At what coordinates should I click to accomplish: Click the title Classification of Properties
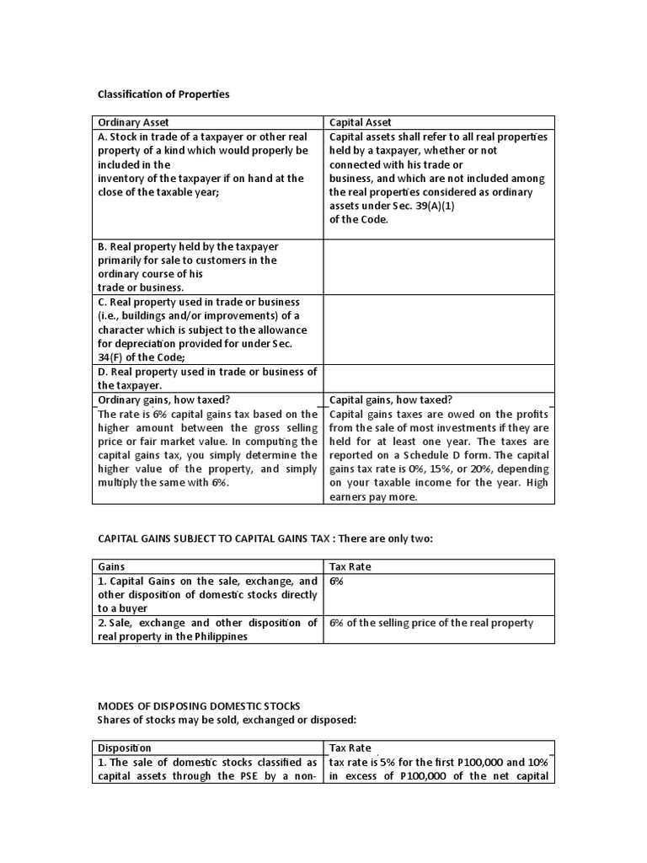(163, 94)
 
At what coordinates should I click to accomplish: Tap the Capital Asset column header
(360, 122)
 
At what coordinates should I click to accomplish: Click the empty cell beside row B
(439, 267)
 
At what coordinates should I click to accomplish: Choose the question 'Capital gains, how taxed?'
(385, 400)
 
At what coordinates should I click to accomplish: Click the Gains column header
(112, 566)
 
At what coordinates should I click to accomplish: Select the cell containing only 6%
(337, 582)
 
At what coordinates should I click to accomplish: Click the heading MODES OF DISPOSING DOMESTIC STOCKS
(199, 705)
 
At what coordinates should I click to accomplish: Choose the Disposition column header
(124, 747)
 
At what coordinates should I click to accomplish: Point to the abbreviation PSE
(233, 776)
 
